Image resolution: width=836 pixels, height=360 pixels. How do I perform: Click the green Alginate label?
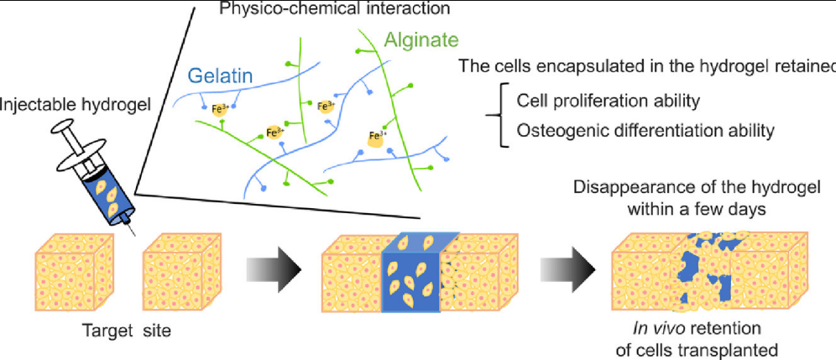click(422, 40)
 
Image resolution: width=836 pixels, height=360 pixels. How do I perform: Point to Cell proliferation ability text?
click(608, 101)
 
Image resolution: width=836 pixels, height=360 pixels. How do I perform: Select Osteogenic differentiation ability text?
click(645, 130)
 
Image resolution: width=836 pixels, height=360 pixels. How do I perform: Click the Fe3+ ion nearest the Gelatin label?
click(205, 108)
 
